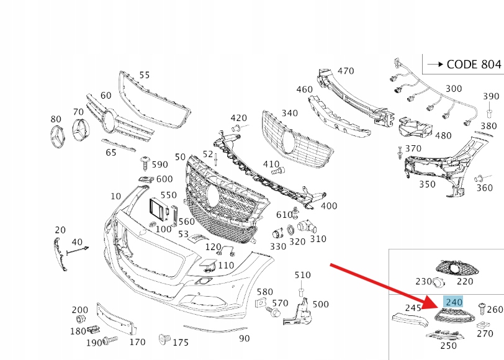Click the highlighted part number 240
(x=454, y=302)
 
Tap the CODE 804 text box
(x=462, y=64)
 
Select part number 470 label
(x=345, y=71)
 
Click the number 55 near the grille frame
(x=144, y=75)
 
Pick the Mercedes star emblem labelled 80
(x=57, y=136)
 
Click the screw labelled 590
(x=145, y=163)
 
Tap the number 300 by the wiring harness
(x=454, y=89)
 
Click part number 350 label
(x=426, y=184)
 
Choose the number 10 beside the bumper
(x=116, y=196)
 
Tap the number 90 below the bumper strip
(x=245, y=338)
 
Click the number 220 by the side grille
(x=465, y=281)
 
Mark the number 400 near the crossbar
(x=329, y=206)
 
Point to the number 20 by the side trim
(x=60, y=230)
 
